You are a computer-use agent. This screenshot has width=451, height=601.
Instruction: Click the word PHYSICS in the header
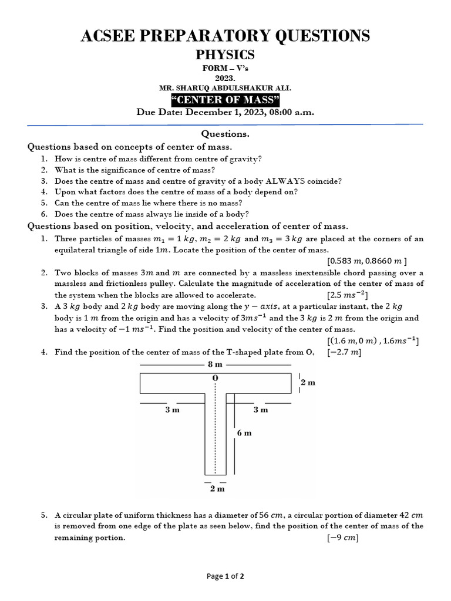click(x=225, y=55)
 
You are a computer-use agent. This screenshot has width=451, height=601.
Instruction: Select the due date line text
click(x=225, y=112)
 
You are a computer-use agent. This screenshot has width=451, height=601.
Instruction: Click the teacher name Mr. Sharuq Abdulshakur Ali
click(x=225, y=87)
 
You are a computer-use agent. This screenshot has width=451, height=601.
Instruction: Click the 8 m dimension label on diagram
click(x=216, y=364)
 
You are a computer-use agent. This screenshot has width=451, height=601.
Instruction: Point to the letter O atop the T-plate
click(x=216, y=378)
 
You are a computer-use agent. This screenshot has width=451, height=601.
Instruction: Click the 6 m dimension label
click(x=244, y=433)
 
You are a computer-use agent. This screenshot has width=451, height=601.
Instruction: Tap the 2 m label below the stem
click(x=217, y=488)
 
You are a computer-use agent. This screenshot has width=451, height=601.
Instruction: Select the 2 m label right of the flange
click(x=308, y=383)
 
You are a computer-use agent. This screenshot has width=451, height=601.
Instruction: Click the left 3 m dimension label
click(x=172, y=410)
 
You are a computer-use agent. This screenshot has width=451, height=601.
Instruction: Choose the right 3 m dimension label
click(x=261, y=410)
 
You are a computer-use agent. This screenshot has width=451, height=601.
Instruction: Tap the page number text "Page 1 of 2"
click(x=225, y=576)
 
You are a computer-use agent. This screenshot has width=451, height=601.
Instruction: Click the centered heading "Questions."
click(x=225, y=134)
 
